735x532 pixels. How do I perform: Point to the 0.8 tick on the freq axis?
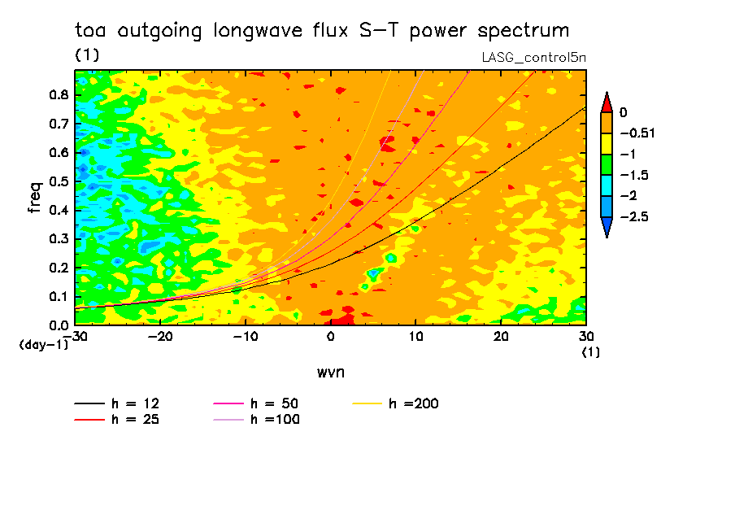[x=59, y=95]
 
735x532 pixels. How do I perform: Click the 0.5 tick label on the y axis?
[x=59, y=181]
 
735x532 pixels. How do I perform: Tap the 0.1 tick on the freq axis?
[x=59, y=296]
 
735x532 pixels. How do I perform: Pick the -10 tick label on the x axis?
[x=246, y=336]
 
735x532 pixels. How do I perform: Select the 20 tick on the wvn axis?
[x=501, y=336]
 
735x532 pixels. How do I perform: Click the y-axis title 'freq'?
[x=34, y=198]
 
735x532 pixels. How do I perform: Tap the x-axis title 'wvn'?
[x=329, y=372]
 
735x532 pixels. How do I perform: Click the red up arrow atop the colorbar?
[x=607, y=102]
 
